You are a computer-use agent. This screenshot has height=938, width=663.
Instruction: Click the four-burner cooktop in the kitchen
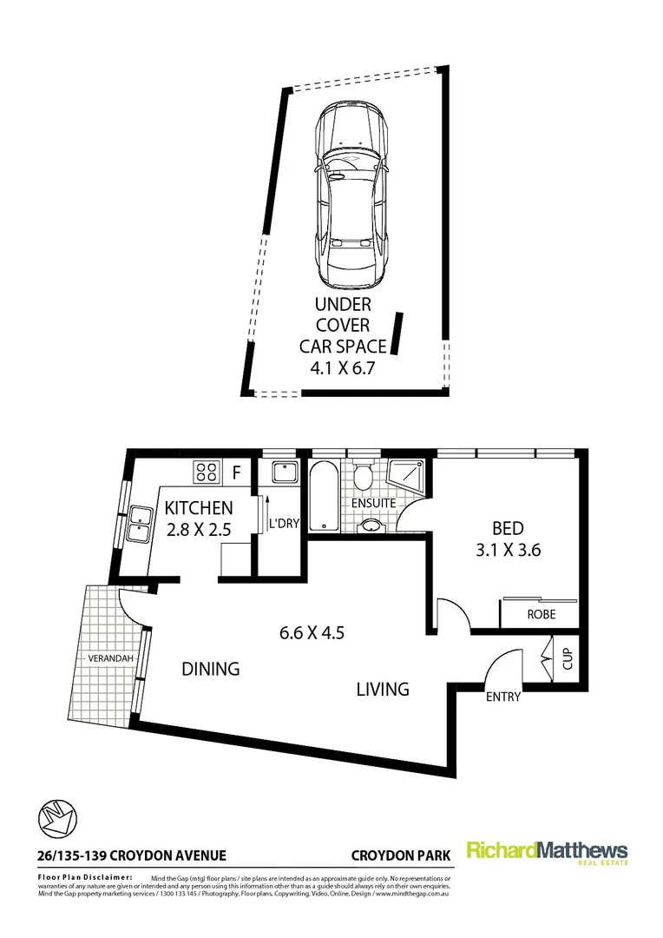click(207, 472)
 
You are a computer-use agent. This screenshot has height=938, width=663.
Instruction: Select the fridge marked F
click(236, 472)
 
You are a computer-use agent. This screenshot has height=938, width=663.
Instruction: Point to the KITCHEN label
click(199, 508)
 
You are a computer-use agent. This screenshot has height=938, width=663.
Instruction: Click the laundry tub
click(284, 473)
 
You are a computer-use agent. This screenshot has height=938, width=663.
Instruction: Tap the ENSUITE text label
click(375, 503)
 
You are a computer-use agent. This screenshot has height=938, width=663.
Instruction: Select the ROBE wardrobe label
click(541, 615)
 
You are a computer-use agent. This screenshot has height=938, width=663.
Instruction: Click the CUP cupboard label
click(568, 659)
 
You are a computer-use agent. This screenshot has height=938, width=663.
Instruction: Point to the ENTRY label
click(503, 697)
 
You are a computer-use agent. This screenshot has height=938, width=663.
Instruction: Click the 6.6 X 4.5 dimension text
click(312, 632)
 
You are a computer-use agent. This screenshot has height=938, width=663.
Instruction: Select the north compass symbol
click(58, 818)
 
